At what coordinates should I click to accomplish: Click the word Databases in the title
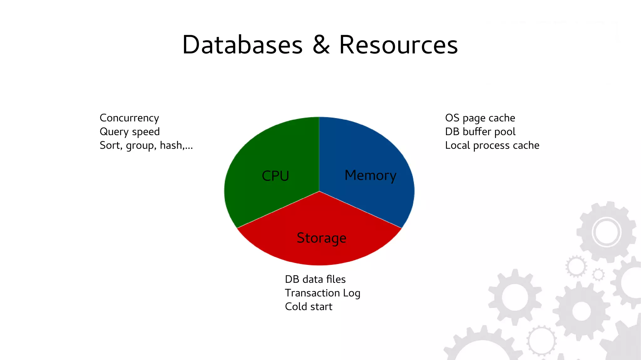pos(243,45)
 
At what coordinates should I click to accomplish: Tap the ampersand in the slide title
pos(321,45)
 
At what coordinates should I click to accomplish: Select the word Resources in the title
pos(398,45)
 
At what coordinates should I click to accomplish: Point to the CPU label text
pos(275,176)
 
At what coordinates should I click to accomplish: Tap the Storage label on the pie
pos(321,238)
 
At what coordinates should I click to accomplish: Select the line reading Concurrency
pos(129,118)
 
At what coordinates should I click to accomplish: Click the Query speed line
pos(130,132)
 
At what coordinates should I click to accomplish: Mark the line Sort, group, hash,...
pos(146,146)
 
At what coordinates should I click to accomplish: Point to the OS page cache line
pos(480,118)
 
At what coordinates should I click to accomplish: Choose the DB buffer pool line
pos(480,132)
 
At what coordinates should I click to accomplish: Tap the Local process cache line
pos(492,146)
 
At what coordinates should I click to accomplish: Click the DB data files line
pos(315,279)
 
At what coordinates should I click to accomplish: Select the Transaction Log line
pos(322,293)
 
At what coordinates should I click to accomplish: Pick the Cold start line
pos(309,307)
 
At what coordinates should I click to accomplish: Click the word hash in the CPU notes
pos(171,146)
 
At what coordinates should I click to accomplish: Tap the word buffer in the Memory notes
pos(477,132)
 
